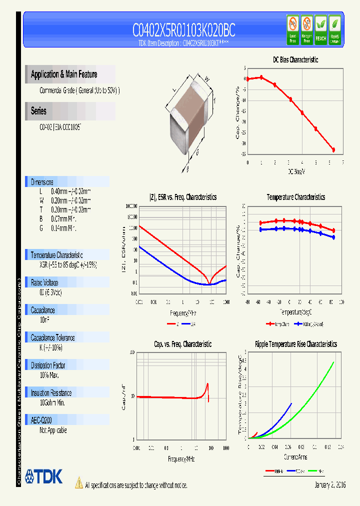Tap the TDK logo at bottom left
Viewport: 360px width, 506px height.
44,476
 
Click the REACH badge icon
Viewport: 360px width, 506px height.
320,30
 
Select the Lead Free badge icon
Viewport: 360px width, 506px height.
292,30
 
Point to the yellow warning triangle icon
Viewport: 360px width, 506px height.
78,482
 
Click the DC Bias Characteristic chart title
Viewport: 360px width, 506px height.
295,59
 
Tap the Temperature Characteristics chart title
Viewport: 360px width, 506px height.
295,197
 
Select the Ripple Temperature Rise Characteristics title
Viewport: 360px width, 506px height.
295,344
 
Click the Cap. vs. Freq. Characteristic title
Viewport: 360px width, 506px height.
182,344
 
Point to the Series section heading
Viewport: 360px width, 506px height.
38,111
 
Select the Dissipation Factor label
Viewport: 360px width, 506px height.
48,365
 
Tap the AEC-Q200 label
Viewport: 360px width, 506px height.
41,420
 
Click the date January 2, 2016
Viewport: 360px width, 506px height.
330,485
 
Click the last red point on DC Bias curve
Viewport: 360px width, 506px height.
333,150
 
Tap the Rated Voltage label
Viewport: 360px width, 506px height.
44,282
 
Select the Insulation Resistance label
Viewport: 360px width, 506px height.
51,393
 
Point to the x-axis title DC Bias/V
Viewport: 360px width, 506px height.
296,171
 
